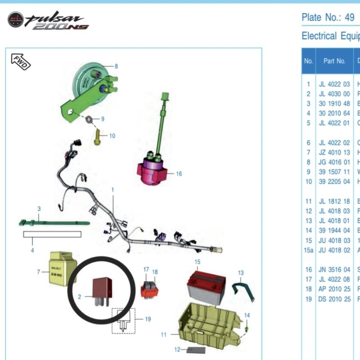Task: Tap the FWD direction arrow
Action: (x=20, y=61)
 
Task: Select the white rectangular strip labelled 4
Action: (x=52, y=234)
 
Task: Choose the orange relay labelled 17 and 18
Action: (x=148, y=288)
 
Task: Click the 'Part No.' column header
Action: (x=334, y=61)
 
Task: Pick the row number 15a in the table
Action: (x=308, y=250)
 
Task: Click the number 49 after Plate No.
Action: (x=349, y=18)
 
